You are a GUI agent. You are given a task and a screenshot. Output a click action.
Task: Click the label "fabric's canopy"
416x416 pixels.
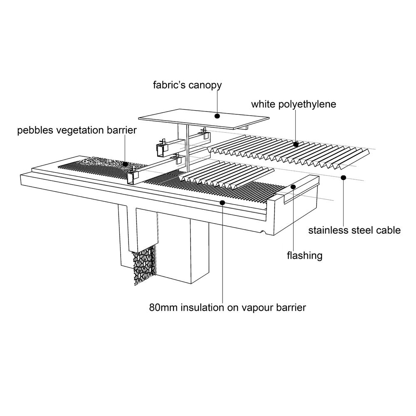[x=187, y=85]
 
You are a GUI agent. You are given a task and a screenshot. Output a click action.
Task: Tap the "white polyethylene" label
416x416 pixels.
[x=293, y=104]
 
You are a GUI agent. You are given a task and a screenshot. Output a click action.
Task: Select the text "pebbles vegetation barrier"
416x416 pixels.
[x=77, y=130]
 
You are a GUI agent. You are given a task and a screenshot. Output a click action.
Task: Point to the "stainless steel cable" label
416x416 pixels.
[x=354, y=230]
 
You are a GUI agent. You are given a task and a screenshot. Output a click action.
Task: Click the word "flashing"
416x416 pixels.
[x=305, y=256]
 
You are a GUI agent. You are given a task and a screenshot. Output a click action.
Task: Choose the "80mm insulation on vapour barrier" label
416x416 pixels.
[x=228, y=308]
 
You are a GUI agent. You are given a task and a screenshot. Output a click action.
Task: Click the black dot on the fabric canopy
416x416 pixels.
[x=217, y=116]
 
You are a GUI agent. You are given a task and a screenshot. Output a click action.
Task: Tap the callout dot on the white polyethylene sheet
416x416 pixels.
[x=296, y=144]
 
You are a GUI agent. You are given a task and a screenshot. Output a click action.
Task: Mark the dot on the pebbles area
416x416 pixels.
[x=125, y=164]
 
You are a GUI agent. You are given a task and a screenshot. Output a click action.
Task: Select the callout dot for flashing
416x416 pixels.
[x=293, y=187]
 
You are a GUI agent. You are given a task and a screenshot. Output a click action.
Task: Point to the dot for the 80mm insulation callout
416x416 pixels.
[x=222, y=203]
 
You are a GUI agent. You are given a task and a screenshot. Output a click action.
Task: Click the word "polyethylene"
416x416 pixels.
[x=307, y=104]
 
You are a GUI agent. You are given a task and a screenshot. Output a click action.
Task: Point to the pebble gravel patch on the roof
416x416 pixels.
[x=106, y=162]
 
